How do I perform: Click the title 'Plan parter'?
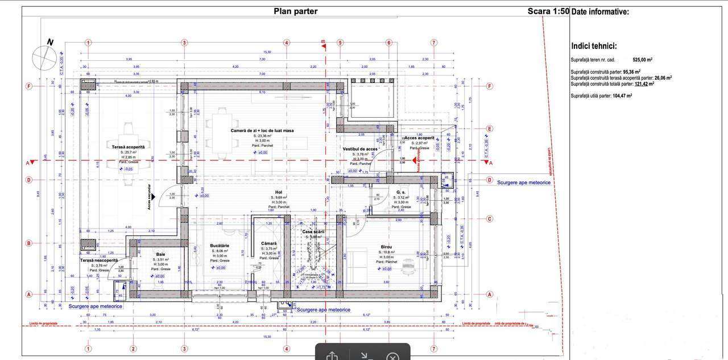[x=295, y=11]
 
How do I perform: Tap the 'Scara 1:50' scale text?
[x=548, y=11]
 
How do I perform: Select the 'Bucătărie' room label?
[x=220, y=245]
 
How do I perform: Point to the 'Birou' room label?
[x=390, y=247]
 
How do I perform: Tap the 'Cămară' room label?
[x=269, y=243]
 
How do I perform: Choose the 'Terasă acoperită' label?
[x=129, y=147]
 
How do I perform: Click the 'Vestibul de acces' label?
[x=360, y=148]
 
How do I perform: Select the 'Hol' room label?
[x=279, y=192]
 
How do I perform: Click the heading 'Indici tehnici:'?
[x=594, y=47]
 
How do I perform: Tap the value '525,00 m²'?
[x=642, y=59]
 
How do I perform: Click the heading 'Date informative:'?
[x=599, y=11]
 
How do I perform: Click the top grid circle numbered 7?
[x=434, y=43]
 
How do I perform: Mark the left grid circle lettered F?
[x=28, y=86]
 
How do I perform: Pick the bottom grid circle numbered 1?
[x=88, y=349]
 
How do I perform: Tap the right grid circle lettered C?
[x=489, y=218]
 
